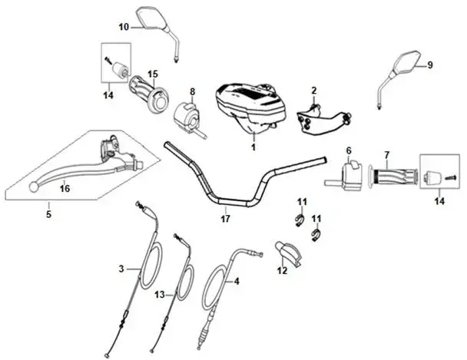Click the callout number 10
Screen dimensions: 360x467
coord(123,26)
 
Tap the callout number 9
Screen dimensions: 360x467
coord(429,65)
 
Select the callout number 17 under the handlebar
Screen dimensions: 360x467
coord(224,219)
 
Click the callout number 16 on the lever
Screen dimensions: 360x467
coord(65,188)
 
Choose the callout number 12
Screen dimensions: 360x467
coord(282,269)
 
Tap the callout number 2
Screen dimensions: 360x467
coord(313,91)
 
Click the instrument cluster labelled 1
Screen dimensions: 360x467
coord(247,104)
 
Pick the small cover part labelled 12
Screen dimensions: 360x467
coord(288,252)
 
